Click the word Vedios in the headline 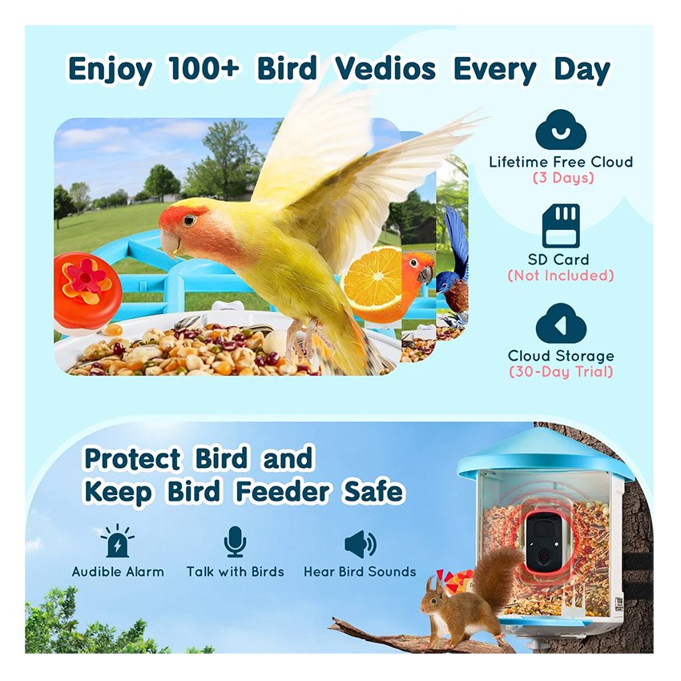(x=385, y=69)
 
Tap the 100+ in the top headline (x=203, y=69)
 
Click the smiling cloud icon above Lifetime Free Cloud (x=561, y=130)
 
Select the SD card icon (x=561, y=226)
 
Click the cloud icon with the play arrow (x=561, y=324)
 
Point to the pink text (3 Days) (x=563, y=178)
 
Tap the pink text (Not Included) (x=561, y=276)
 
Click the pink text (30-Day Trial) (x=561, y=372)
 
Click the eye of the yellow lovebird (x=189, y=220)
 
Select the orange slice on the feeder (x=371, y=278)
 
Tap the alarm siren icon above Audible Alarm (x=117, y=541)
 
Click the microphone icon (x=235, y=542)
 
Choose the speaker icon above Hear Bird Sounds (x=360, y=543)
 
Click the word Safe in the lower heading (x=373, y=491)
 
